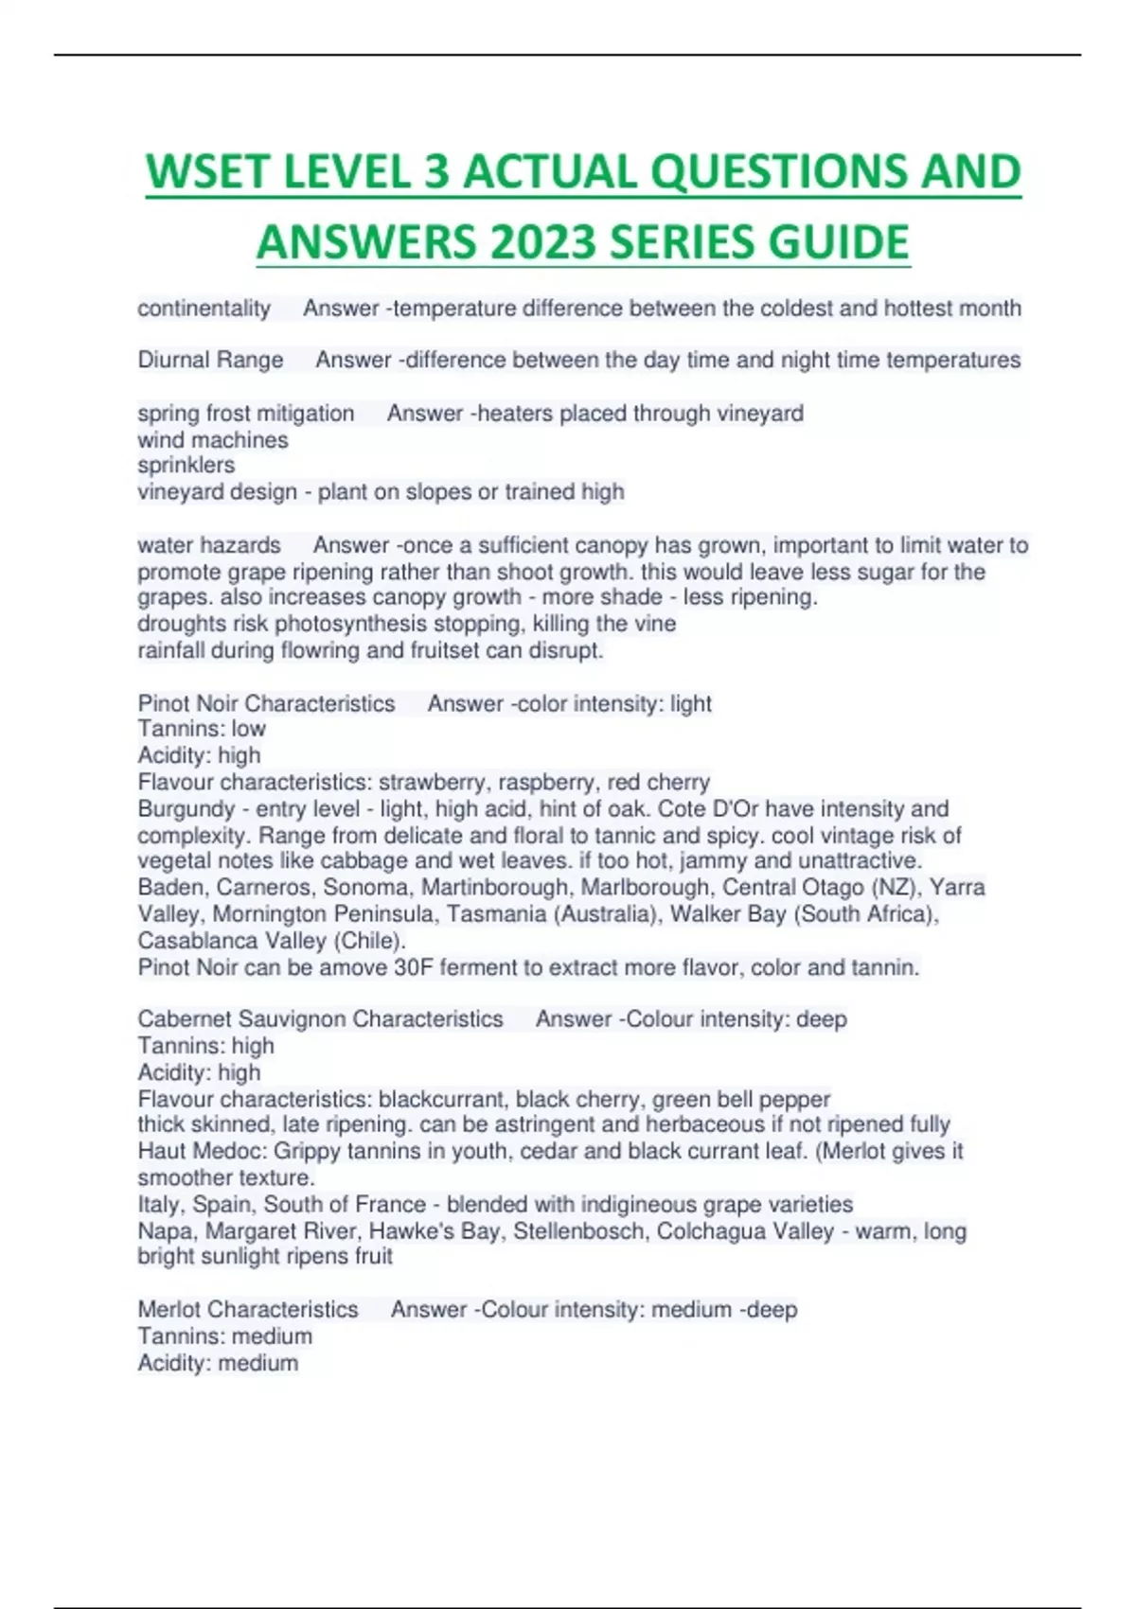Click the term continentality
[x=204, y=309]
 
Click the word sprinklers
[x=186, y=466]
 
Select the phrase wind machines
[x=213, y=440]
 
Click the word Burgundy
[x=186, y=809]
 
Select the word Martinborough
[x=495, y=888]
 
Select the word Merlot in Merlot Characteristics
[x=169, y=1310]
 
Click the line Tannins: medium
[x=224, y=1336]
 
